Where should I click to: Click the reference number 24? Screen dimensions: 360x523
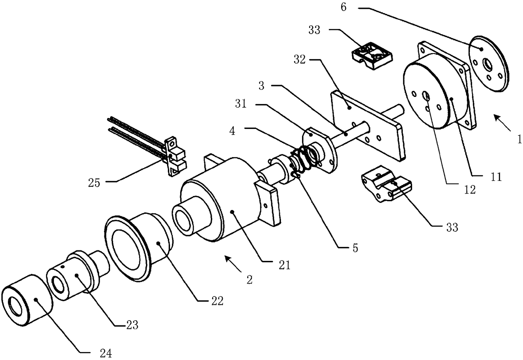point(106,354)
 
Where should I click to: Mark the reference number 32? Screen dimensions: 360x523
point(300,60)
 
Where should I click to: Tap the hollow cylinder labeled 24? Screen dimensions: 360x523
point(26,306)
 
